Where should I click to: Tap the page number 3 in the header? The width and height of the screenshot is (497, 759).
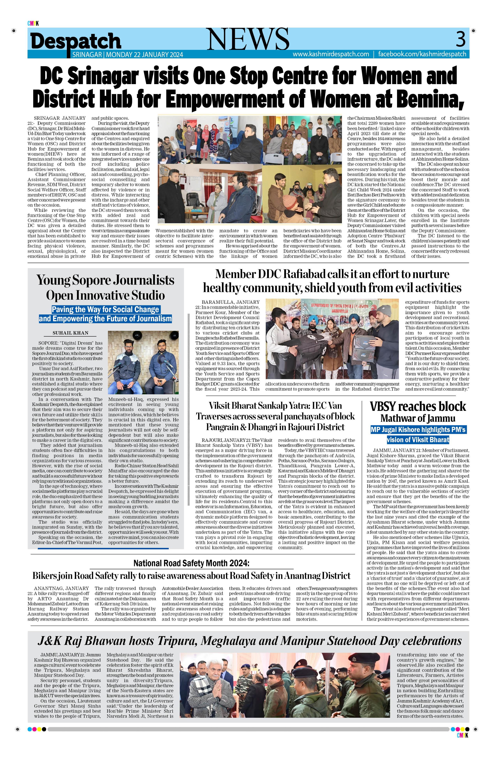pyautogui.click(x=460, y=39)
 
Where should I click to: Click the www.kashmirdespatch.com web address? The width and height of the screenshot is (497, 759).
pyautogui.click(x=331, y=54)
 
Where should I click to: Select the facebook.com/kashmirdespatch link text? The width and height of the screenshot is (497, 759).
pyautogui.click(x=422, y=54)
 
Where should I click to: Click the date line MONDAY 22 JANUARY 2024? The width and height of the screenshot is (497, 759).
pyautogui.click(x=145, y=55)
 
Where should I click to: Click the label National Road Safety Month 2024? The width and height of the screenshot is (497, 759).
pyautogui.click(x=191, y=563)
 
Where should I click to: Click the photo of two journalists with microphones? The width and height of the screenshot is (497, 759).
pyautogui.click(x=143, y=363)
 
